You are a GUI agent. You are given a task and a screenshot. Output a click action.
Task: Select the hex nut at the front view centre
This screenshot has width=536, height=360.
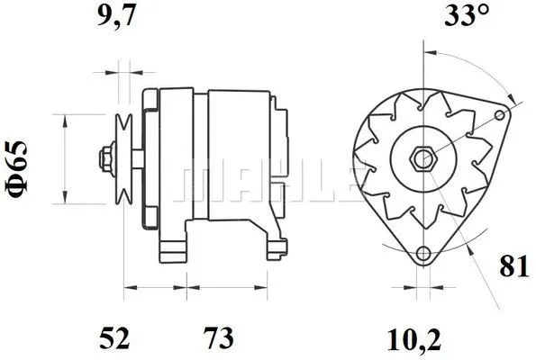click(422, 159)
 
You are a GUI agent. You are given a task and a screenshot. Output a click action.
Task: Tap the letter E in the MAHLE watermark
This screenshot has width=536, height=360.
click(336, 183)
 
